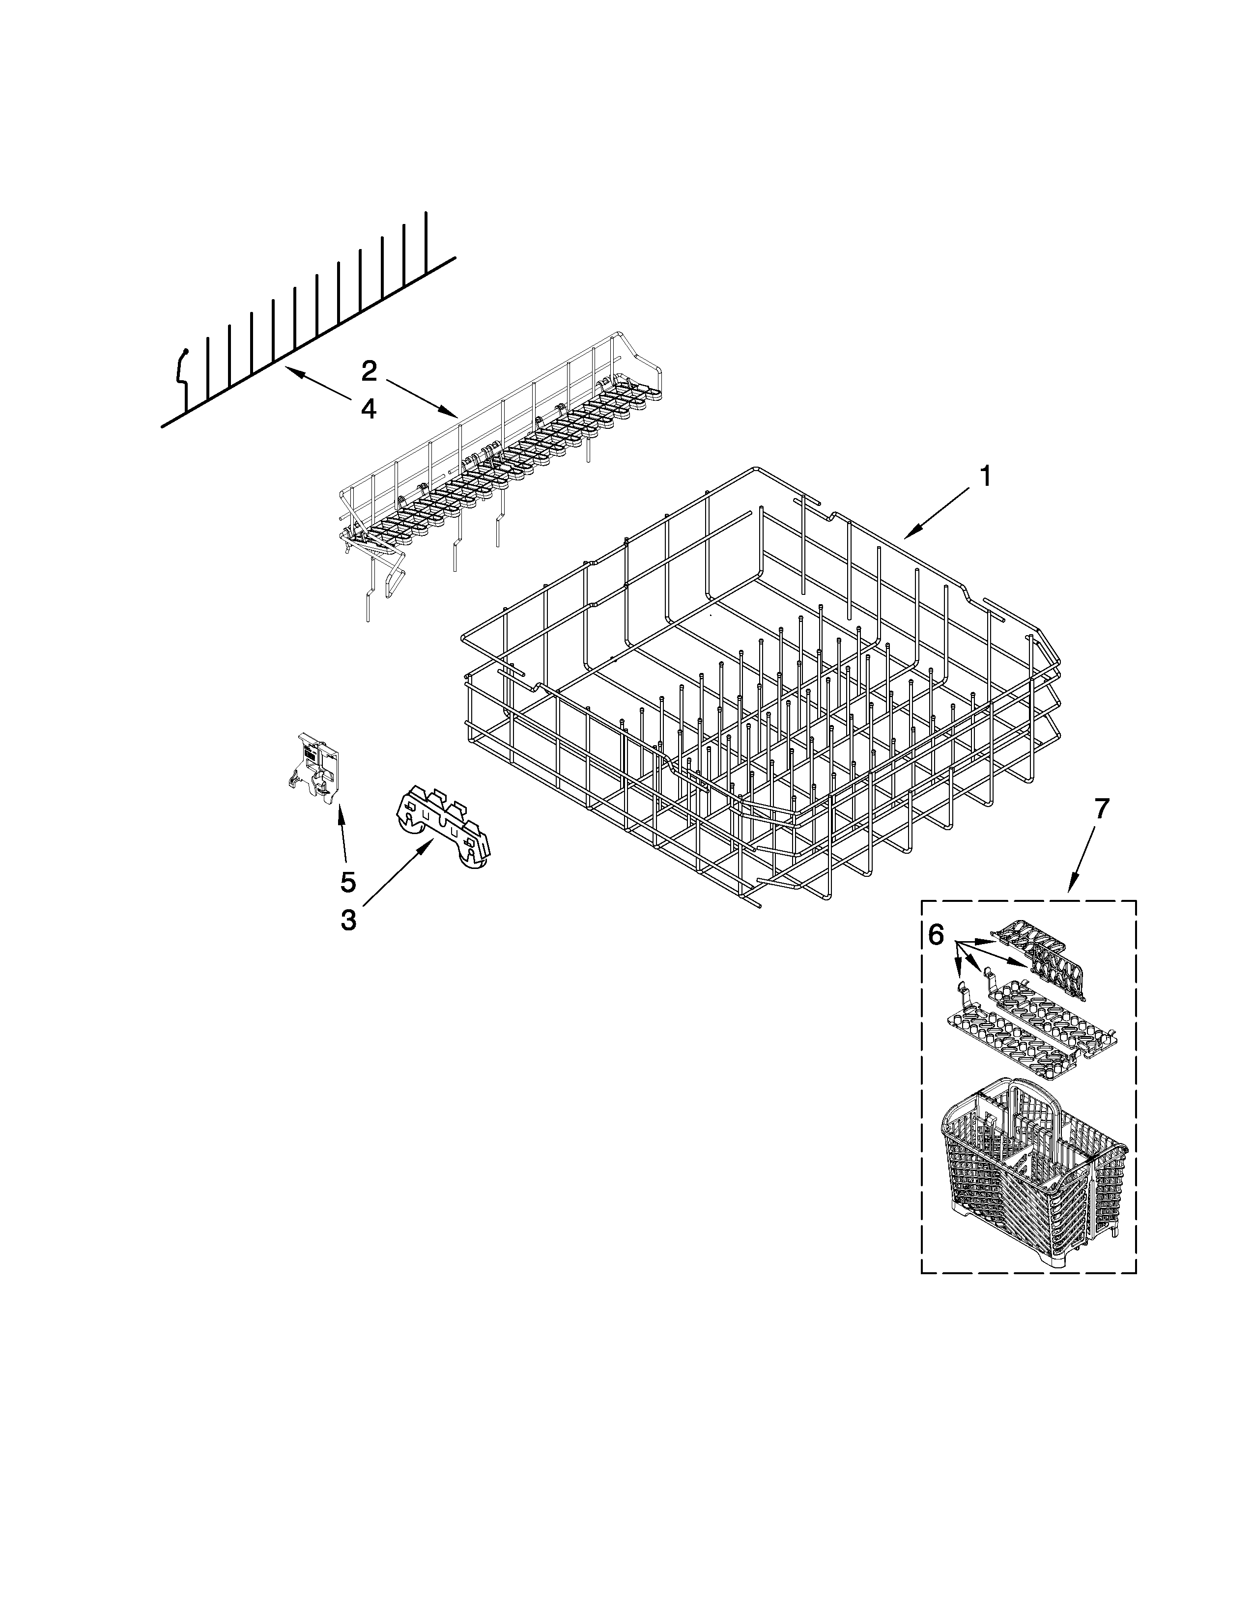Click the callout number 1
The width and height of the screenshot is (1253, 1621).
(x=985, y=476)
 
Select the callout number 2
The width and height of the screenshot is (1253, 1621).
(x=369, y=371)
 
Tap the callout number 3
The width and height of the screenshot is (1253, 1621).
(x=348, y=921)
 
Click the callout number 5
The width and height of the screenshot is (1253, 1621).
(x=348, y=882)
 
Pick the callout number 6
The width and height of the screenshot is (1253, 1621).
(x=936, y=935)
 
